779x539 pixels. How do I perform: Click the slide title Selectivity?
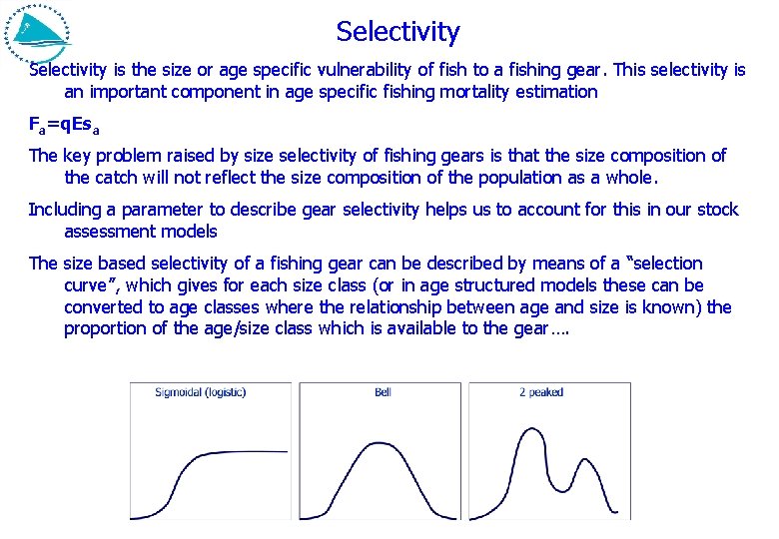(397, 32)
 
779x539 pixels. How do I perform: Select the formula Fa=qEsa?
(63, 126)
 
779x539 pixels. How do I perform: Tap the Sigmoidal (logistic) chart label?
(200, 392)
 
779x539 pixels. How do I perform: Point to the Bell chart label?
(383, 392)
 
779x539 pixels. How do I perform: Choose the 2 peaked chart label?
(541, 392)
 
